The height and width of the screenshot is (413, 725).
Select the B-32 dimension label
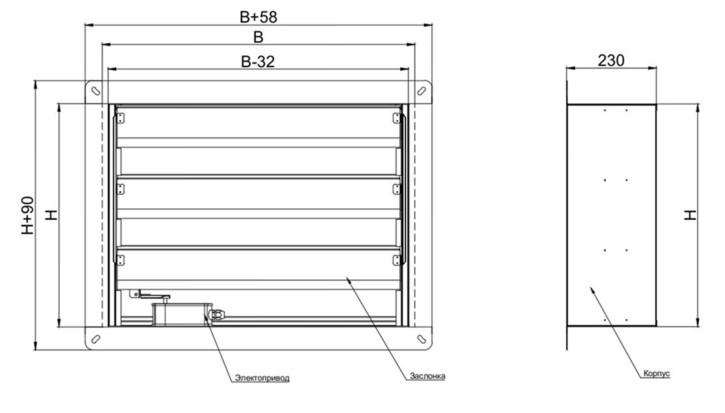pos(257,61)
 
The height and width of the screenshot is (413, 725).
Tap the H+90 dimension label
pos(28,216)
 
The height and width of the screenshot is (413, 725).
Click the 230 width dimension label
pos(611,61)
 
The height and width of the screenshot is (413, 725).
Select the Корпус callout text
pos(657,374)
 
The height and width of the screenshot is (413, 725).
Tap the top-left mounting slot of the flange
pos(94,90)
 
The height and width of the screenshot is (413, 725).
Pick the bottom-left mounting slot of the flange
pos(94,339)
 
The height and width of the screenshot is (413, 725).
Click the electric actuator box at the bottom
pos(178,312)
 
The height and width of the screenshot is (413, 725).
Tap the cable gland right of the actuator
pos(218,313)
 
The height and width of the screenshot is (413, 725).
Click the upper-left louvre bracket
pos(120,117)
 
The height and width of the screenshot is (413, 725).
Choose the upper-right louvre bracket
pos(396,117)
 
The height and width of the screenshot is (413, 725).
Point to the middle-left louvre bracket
pos(120,188)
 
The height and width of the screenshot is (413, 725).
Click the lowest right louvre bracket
pos(396,259)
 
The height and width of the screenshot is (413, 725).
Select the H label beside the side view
pos(691,215)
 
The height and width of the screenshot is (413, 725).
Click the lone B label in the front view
pos(258,38)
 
